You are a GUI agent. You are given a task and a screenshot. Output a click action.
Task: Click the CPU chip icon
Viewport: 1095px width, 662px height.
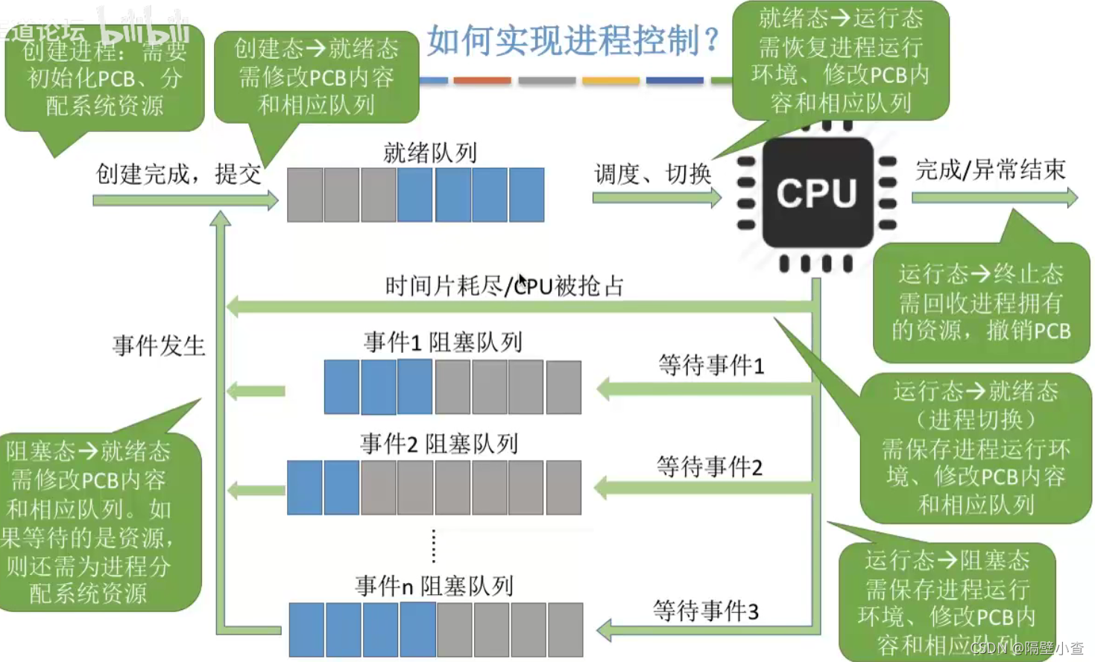817,193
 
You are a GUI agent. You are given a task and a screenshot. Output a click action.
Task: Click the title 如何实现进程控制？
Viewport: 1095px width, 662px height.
572,40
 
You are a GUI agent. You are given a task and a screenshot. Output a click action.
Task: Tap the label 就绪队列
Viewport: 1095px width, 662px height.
429,153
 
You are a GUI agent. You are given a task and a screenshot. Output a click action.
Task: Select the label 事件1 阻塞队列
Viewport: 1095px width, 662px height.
443,342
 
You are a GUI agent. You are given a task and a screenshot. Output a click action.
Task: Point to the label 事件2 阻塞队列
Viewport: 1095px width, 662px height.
439,444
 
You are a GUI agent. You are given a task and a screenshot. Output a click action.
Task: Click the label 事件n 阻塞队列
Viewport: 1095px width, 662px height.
434,586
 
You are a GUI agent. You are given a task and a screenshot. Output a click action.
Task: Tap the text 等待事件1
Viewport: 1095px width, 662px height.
711,365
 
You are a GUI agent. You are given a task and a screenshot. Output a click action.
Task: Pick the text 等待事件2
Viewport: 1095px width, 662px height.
710,467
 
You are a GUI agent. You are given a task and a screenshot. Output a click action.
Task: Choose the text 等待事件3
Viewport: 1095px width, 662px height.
706,611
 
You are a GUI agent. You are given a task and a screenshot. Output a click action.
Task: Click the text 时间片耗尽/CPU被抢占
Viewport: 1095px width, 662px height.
504,285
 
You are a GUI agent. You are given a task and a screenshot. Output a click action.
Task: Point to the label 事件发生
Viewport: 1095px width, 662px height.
159,346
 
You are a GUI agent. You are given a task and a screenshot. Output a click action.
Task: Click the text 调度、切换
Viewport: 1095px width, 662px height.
653,174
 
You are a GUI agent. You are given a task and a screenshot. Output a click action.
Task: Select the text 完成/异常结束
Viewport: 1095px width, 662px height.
991,170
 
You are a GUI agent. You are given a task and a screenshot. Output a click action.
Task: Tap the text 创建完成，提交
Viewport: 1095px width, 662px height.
179,174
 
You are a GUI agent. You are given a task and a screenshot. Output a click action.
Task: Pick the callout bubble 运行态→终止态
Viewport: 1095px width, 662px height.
981,302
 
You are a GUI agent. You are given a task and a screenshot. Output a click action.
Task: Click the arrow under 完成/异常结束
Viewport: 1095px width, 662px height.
994,197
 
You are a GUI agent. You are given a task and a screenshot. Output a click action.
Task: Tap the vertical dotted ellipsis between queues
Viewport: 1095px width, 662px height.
434,547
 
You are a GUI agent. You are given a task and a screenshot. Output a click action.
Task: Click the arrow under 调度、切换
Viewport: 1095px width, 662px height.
657,197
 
